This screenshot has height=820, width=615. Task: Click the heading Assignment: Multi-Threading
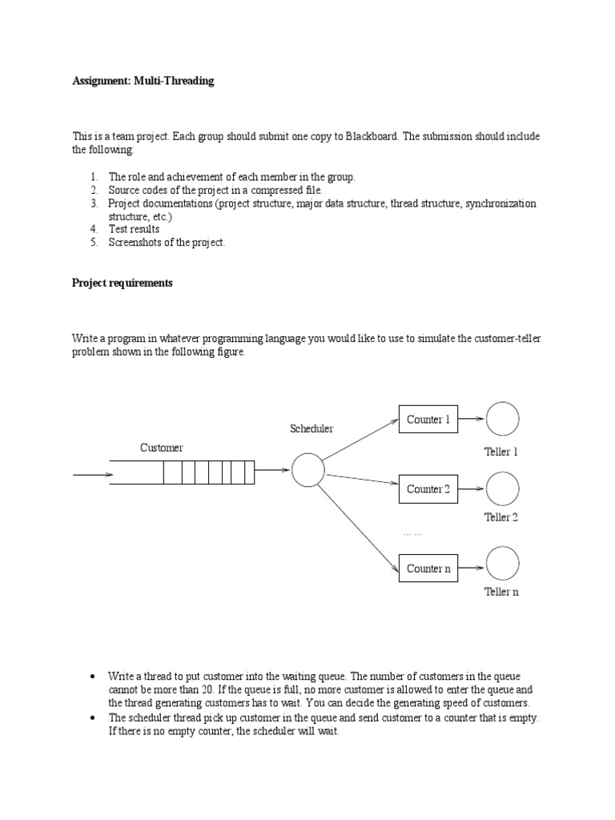(x=143, y=81)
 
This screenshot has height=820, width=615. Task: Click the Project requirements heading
(x=122, y=283)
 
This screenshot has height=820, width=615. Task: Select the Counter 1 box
(x=428, y=420)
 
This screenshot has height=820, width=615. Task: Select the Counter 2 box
(x=428, y=488)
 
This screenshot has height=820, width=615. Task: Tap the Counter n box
(x=428, y=569)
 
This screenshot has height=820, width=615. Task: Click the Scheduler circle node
(x=307, y=470)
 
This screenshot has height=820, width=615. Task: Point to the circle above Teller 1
(x=502, y=419)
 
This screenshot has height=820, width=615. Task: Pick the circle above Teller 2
(x=502, y=488)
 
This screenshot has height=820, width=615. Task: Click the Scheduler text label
(x=312, y=429)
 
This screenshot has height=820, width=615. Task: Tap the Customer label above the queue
(x=162, y=448)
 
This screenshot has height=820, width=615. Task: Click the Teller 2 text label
(x=501, y=517)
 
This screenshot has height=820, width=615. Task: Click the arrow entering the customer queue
(x=92, y=475)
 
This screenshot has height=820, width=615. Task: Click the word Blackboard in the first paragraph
(x=370, y=137)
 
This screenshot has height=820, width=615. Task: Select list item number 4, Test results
(x=134, y=229)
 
